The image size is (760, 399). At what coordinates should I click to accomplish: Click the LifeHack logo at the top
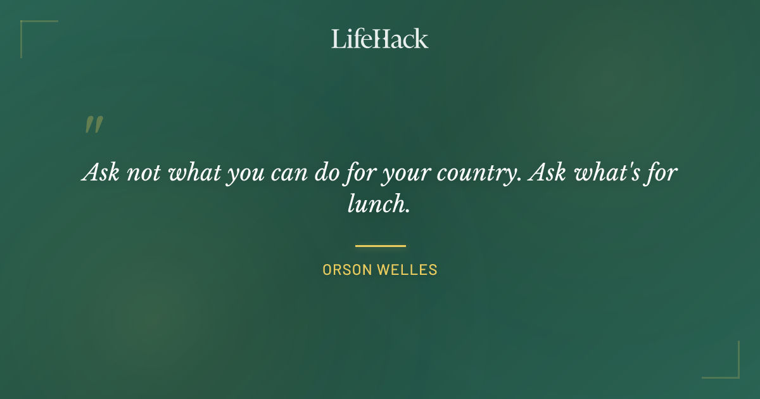pos(380,39)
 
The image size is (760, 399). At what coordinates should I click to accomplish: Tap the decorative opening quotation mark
pos(93,125)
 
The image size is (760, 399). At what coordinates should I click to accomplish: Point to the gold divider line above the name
pos(380,246)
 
